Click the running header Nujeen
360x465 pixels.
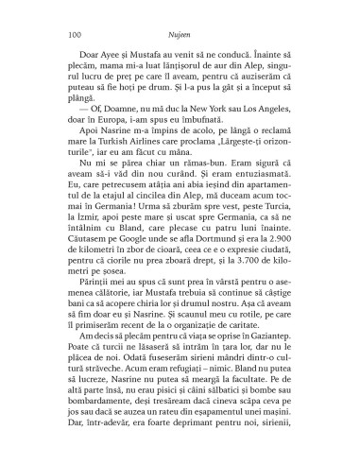pyautogui.click(x=180, y=31)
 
